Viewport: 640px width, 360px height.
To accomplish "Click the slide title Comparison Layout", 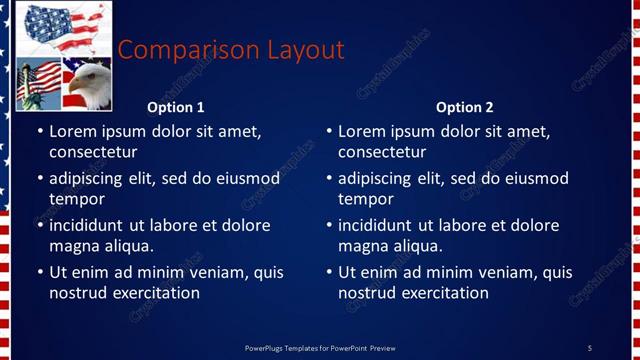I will (x=231, y=50).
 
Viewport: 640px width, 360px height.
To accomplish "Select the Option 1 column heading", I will (x=175, y=108).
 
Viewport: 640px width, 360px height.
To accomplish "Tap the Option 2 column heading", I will (x=464, y=108).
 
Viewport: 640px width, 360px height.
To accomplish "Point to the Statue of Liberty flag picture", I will (x=38, y=83).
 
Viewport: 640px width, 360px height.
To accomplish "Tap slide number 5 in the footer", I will (x=589, y=347).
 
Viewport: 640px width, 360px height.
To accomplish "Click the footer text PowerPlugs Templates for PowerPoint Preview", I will (x=320, y=347).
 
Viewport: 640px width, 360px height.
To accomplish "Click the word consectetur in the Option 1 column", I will (x=93, y=152).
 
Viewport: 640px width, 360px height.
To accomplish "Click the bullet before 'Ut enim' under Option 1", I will (x=40, y=273).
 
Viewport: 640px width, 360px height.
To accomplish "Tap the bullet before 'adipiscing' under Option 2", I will (x=329, y=180).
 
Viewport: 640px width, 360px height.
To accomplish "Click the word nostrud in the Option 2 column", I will (x=366, y=293).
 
